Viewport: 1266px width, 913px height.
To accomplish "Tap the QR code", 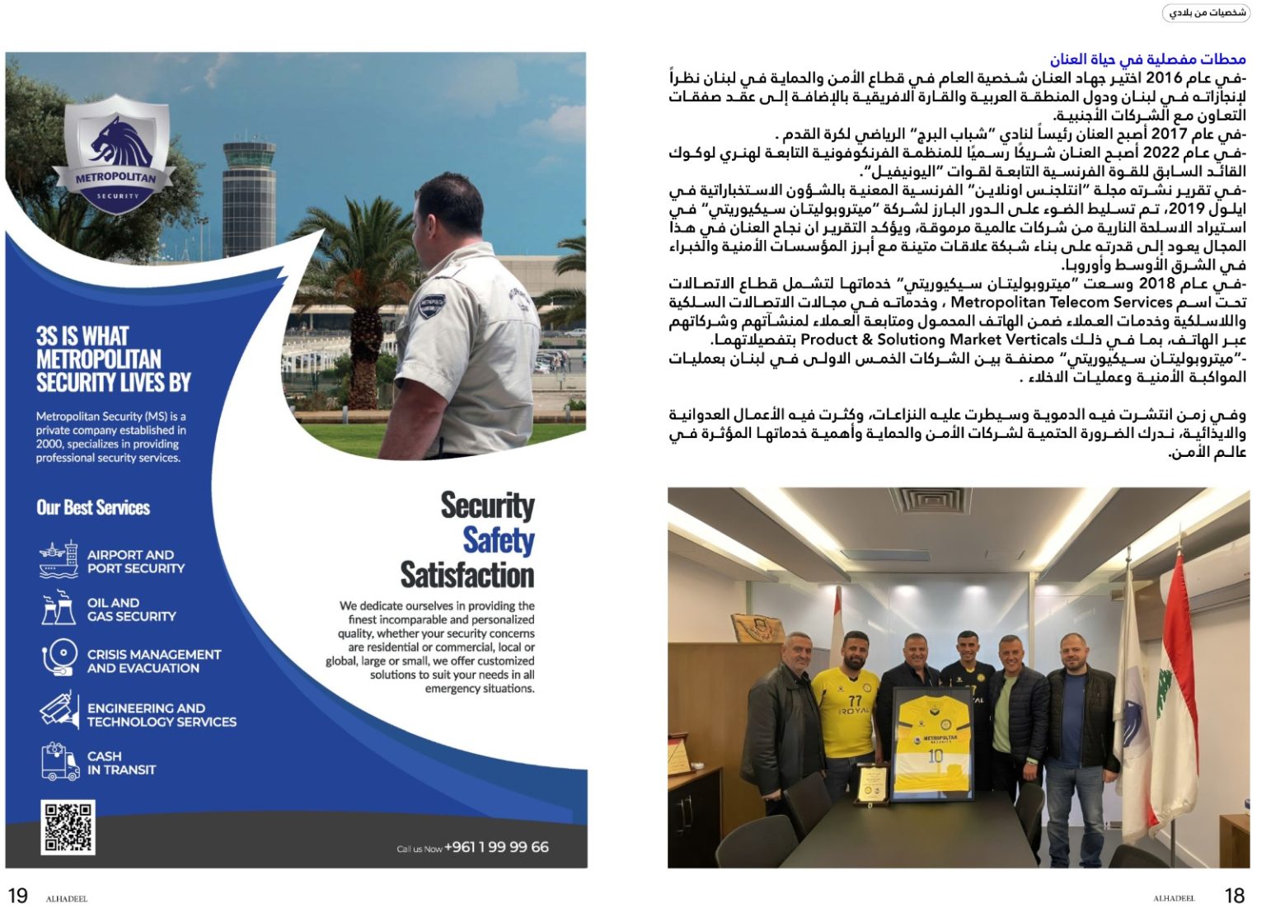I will point(68,826).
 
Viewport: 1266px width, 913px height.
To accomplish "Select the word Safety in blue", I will point(498,541).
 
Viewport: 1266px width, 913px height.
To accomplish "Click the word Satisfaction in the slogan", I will point(467,575).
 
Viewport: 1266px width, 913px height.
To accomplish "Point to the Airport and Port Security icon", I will point(59,560).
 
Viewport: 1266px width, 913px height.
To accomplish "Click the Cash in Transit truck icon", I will point(59,762).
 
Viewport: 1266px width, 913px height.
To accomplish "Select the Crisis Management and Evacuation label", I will point(154,661).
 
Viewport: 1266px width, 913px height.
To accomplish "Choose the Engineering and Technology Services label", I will point(162,714).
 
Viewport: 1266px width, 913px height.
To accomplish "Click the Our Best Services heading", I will point(93,507).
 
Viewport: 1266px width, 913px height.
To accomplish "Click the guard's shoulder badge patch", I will point(431,306).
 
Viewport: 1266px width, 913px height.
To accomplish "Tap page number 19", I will point(17,896).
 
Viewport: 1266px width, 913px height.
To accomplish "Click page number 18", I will point(1234,896).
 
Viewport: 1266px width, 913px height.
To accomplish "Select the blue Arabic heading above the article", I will point(1147,59).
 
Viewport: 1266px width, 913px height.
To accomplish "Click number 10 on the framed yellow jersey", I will point(935,755).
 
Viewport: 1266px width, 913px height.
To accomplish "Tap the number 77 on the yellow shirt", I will point(854,700).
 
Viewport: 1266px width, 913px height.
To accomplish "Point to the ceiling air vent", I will point(931,499).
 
